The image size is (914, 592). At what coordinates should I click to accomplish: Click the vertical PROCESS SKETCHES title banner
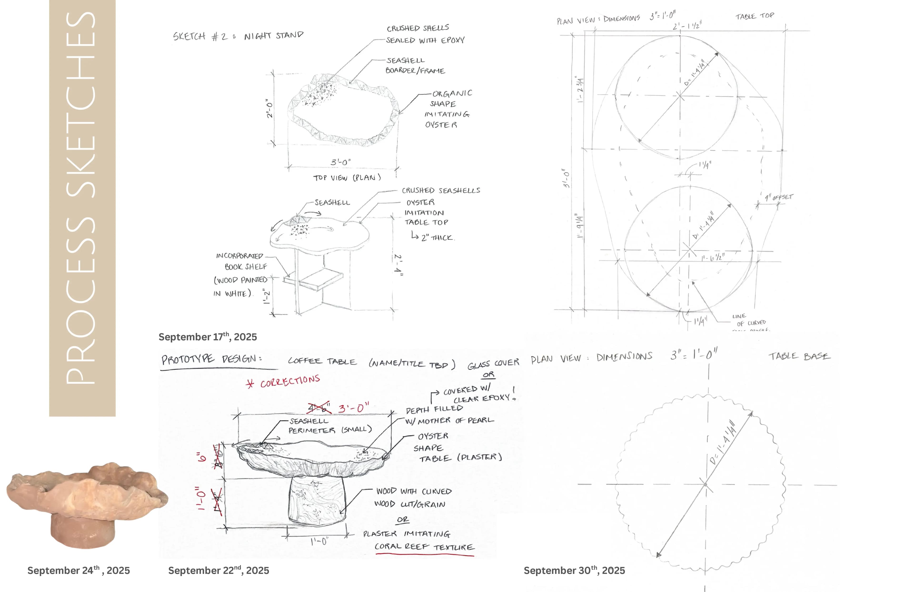point(82,207)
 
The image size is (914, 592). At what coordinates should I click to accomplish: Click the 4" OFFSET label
point(778,197)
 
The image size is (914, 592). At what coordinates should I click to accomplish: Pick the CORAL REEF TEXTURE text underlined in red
point(424,547)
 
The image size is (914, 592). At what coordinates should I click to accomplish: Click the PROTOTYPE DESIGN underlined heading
point(211,359)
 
